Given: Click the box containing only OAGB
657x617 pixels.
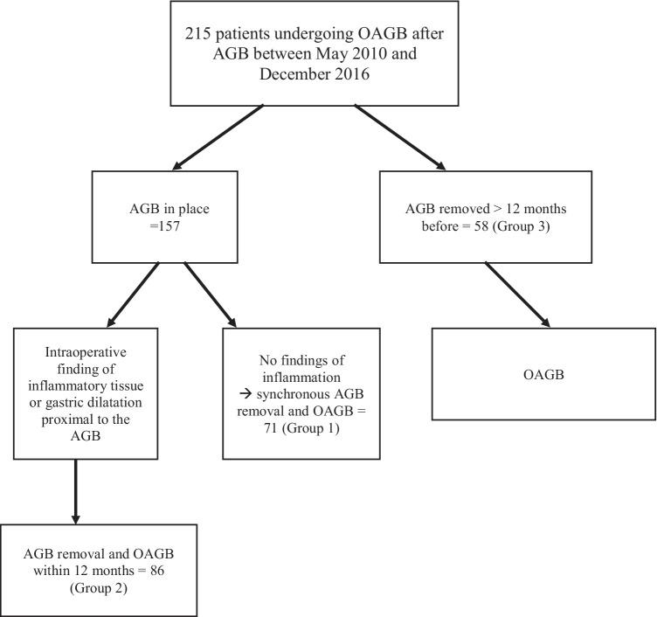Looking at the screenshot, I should click(x=543, y=374).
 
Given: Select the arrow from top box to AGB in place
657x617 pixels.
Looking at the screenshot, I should click(x=218, y=137).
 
